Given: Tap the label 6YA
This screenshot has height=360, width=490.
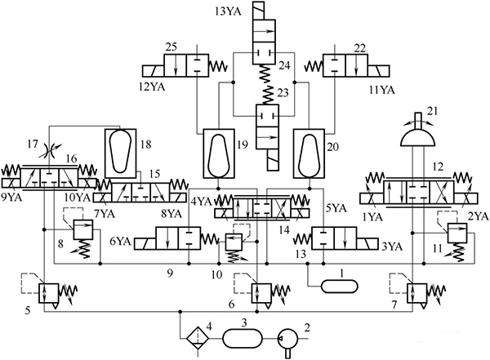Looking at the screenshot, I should click(120, 242).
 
